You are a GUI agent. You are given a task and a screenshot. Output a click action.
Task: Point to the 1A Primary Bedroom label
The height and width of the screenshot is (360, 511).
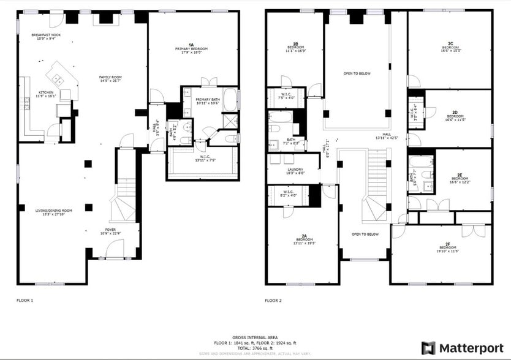point(191,48)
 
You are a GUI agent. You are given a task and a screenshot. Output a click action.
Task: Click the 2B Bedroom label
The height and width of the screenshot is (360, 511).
point(295,47)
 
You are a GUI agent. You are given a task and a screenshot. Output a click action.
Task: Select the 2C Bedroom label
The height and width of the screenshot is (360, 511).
point(450,46)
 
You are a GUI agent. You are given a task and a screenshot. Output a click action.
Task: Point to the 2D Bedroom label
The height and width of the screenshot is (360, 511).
point(455,114)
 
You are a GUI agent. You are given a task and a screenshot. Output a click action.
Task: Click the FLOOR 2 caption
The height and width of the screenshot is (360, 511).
point(273,301)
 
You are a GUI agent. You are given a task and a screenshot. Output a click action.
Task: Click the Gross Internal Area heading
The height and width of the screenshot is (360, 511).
point(255,337)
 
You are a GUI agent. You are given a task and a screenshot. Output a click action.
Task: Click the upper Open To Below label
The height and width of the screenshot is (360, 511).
point(357,73)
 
